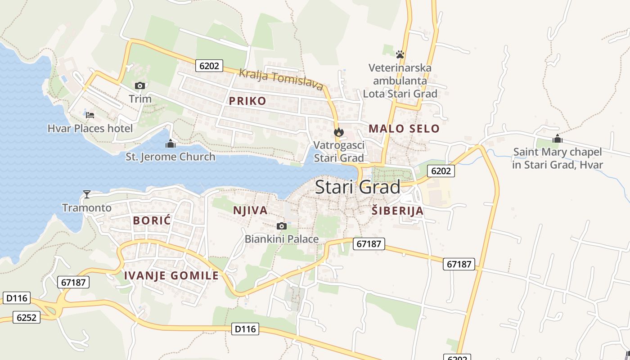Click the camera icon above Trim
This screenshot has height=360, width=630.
point(140,85)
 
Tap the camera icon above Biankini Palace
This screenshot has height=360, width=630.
point(282,226)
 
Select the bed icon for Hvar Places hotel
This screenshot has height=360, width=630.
point(90,115)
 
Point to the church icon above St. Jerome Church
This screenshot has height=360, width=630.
point(170,144)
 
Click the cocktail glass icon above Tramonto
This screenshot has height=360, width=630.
point(87,194)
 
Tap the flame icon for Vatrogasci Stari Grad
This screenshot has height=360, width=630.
point(339,132)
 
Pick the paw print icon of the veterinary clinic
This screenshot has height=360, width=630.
point(400,54)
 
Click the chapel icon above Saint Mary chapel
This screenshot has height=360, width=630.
point(558,139)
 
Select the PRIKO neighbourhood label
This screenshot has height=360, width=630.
point(247,101)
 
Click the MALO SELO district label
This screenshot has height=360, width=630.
point(404,129)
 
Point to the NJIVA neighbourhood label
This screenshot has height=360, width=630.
point(250,210)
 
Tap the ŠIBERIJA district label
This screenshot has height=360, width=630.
point(398,211)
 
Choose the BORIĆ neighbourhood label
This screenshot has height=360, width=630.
point(153,220)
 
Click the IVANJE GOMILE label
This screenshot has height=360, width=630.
point(171,276)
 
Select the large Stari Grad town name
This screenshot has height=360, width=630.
point(358,187)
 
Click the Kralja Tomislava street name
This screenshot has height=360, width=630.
point(281,79)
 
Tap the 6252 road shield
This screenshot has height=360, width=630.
point(26,317)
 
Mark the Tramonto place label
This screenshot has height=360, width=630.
point(87,207)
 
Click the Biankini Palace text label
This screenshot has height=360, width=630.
point(282,239)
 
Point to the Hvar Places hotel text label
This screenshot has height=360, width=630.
point(90,129)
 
